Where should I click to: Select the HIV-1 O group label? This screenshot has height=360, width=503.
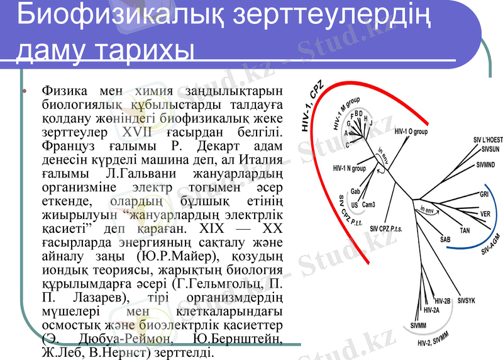411,132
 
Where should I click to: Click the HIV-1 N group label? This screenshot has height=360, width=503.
349,169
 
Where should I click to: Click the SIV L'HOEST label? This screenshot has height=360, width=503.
487,138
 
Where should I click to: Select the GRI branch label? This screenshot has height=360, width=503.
484,194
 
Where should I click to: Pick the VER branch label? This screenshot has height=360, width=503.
485,214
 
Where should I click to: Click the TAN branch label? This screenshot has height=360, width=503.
465,231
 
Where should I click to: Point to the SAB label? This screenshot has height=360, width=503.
445,240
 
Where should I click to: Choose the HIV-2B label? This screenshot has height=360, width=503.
443,301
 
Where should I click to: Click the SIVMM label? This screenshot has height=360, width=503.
418,325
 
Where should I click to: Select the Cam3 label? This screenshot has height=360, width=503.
369,204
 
